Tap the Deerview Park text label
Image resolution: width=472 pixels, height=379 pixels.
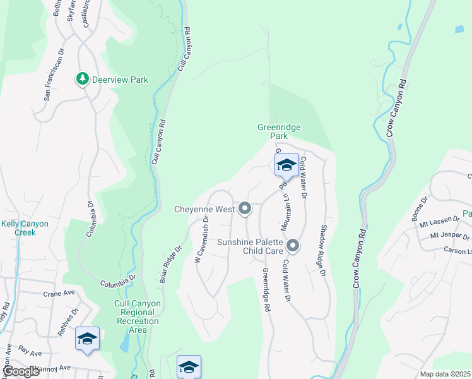point(120,80)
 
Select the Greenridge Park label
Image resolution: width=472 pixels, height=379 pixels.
point(279,131)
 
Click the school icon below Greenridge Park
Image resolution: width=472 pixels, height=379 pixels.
point(286,165)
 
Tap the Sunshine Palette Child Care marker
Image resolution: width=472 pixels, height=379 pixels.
point(292,245)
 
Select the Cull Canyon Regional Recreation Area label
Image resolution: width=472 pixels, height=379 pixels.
point(137,317)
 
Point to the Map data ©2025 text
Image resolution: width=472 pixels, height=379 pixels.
point(444,374)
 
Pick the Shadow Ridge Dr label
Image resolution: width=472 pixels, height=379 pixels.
point(324,250)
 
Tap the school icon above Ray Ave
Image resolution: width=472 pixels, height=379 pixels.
point(87,339)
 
